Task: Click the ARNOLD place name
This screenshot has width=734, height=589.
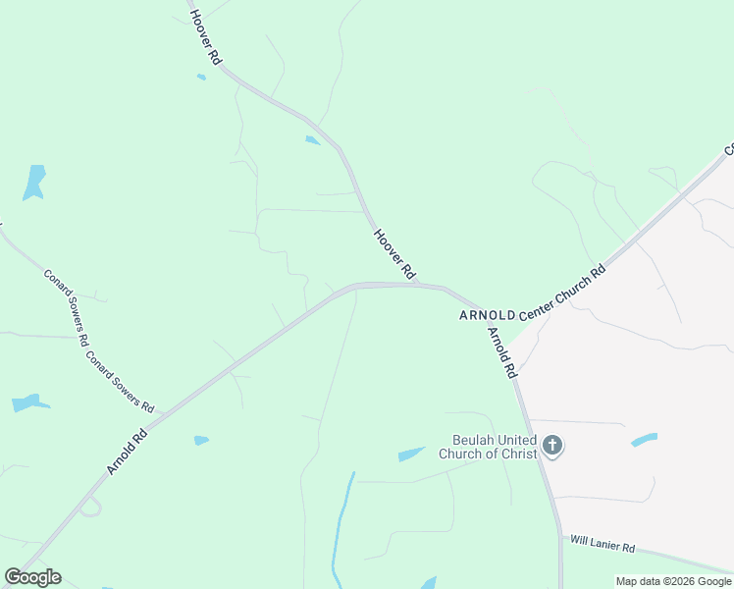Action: coord(487,315)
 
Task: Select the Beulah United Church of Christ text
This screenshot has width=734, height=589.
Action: coord(488,448)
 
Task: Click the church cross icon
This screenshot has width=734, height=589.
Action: coord(552,447)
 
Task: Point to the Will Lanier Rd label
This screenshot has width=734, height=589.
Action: coord(602,545)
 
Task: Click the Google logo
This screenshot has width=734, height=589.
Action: coord(32,577)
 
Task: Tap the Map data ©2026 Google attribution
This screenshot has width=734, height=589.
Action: coord(674,581)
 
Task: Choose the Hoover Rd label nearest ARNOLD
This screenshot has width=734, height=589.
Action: coord(395,253)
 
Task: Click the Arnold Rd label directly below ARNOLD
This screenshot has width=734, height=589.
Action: coord(500,352)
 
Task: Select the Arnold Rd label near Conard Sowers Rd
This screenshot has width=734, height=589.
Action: coord(127,451)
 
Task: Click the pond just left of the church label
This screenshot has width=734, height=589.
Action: coord(411,454)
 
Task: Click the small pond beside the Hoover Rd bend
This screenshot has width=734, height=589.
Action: coord(312,140)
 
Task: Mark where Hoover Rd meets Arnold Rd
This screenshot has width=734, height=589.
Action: coord(420,285)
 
